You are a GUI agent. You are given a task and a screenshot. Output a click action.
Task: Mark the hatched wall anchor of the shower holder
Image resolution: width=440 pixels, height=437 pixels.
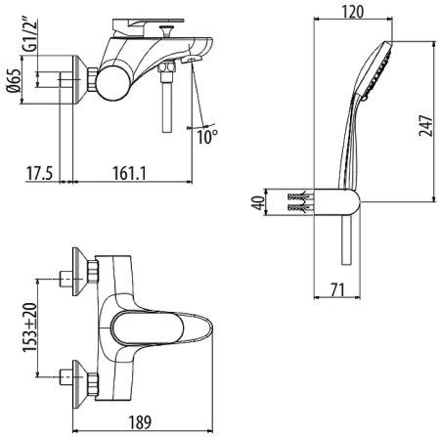point(300,202)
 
